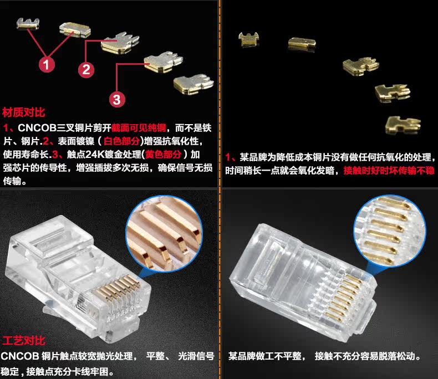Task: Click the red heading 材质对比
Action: (23, 112)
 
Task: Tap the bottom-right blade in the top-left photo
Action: (193, 84)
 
